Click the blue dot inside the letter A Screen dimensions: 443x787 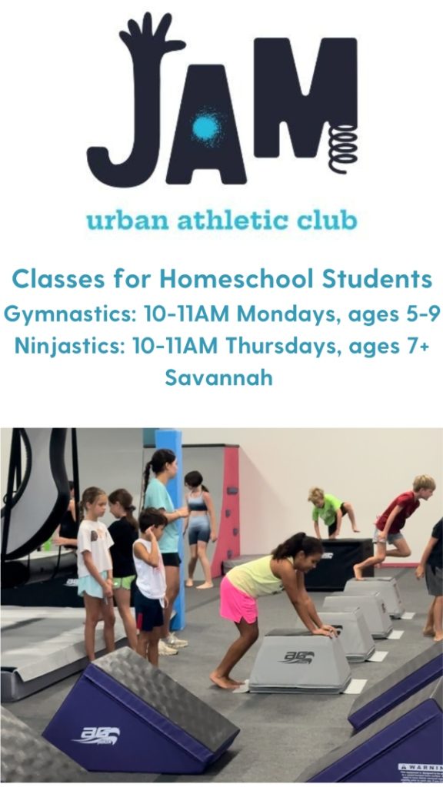pyautogui.click(x=206, y=126)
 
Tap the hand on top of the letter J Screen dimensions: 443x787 pyautogui.click(x=150, y=36)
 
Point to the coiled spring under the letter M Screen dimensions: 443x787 pyautogui.click(x=343, y=149)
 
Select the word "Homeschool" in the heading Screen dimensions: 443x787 pyautogui.click(x=236, y=278)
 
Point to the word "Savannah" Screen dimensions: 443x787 pyautogui.click(x=219, y=377)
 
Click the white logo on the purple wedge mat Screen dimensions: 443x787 pyautogui.click(x=96, y=736)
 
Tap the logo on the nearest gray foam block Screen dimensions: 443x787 pyautogui.click(x=297, y=657)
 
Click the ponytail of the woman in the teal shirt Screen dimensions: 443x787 pyautogui.click(x=147, y=477)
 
